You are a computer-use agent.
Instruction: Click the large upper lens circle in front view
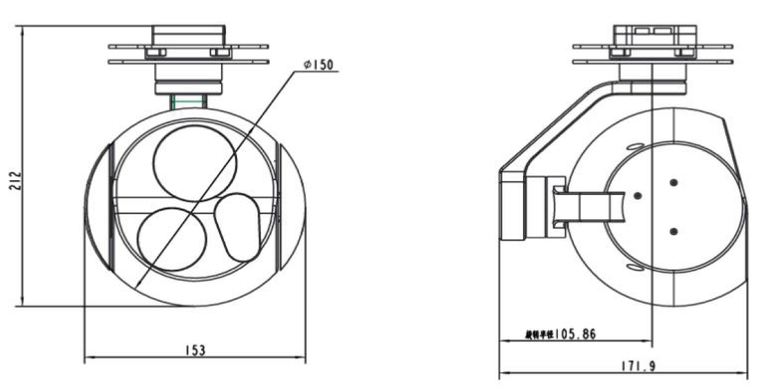point(195,161)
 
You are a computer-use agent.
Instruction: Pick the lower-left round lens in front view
point(169,239)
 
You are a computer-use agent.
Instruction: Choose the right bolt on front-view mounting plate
point(222,52)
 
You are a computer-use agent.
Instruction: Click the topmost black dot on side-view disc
point(674,183)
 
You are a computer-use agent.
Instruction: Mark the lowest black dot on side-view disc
point(674,231)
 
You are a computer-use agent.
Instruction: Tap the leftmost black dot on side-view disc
point(638,195)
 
